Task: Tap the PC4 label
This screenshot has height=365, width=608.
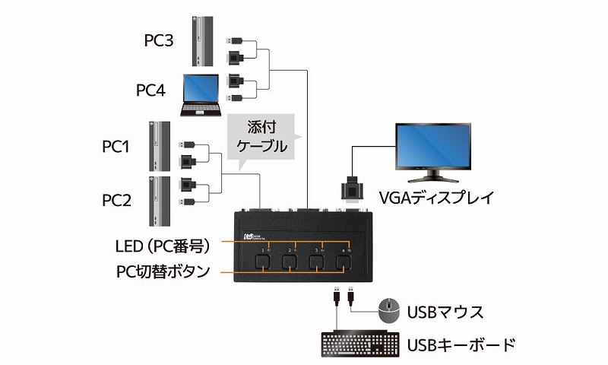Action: coord(150,90)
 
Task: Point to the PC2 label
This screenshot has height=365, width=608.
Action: coord(118,201)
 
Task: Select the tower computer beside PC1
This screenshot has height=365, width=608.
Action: coord(159,145)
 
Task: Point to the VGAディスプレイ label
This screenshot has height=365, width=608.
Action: coord(435,198)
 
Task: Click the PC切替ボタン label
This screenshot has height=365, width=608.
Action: coord(163,271)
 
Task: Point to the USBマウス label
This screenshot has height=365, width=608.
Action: coord(445,311)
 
